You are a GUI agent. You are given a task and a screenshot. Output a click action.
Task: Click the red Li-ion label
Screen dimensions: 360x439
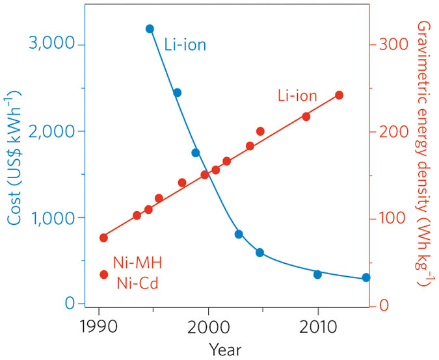point(295,96)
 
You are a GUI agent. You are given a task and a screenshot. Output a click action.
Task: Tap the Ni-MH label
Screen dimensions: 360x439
point(137,263)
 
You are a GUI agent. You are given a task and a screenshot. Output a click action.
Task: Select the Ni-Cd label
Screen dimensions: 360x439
point(138,283)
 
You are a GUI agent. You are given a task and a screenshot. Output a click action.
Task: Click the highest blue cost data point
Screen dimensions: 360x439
point(150,29)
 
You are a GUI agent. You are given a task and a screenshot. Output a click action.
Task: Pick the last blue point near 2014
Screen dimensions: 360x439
point(366,277)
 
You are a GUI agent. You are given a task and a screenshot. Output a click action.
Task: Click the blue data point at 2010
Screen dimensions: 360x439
point(317,274)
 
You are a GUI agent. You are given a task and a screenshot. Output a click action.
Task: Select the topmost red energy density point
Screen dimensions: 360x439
point(339,95)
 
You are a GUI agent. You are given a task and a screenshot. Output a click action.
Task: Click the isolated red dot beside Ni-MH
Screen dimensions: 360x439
point(103,274)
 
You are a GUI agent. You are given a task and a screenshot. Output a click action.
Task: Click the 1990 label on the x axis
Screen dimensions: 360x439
point(99,325)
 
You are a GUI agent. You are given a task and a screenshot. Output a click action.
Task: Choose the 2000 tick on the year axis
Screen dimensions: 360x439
point(208,325)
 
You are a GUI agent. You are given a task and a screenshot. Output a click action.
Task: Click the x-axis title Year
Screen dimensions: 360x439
point(225,349)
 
